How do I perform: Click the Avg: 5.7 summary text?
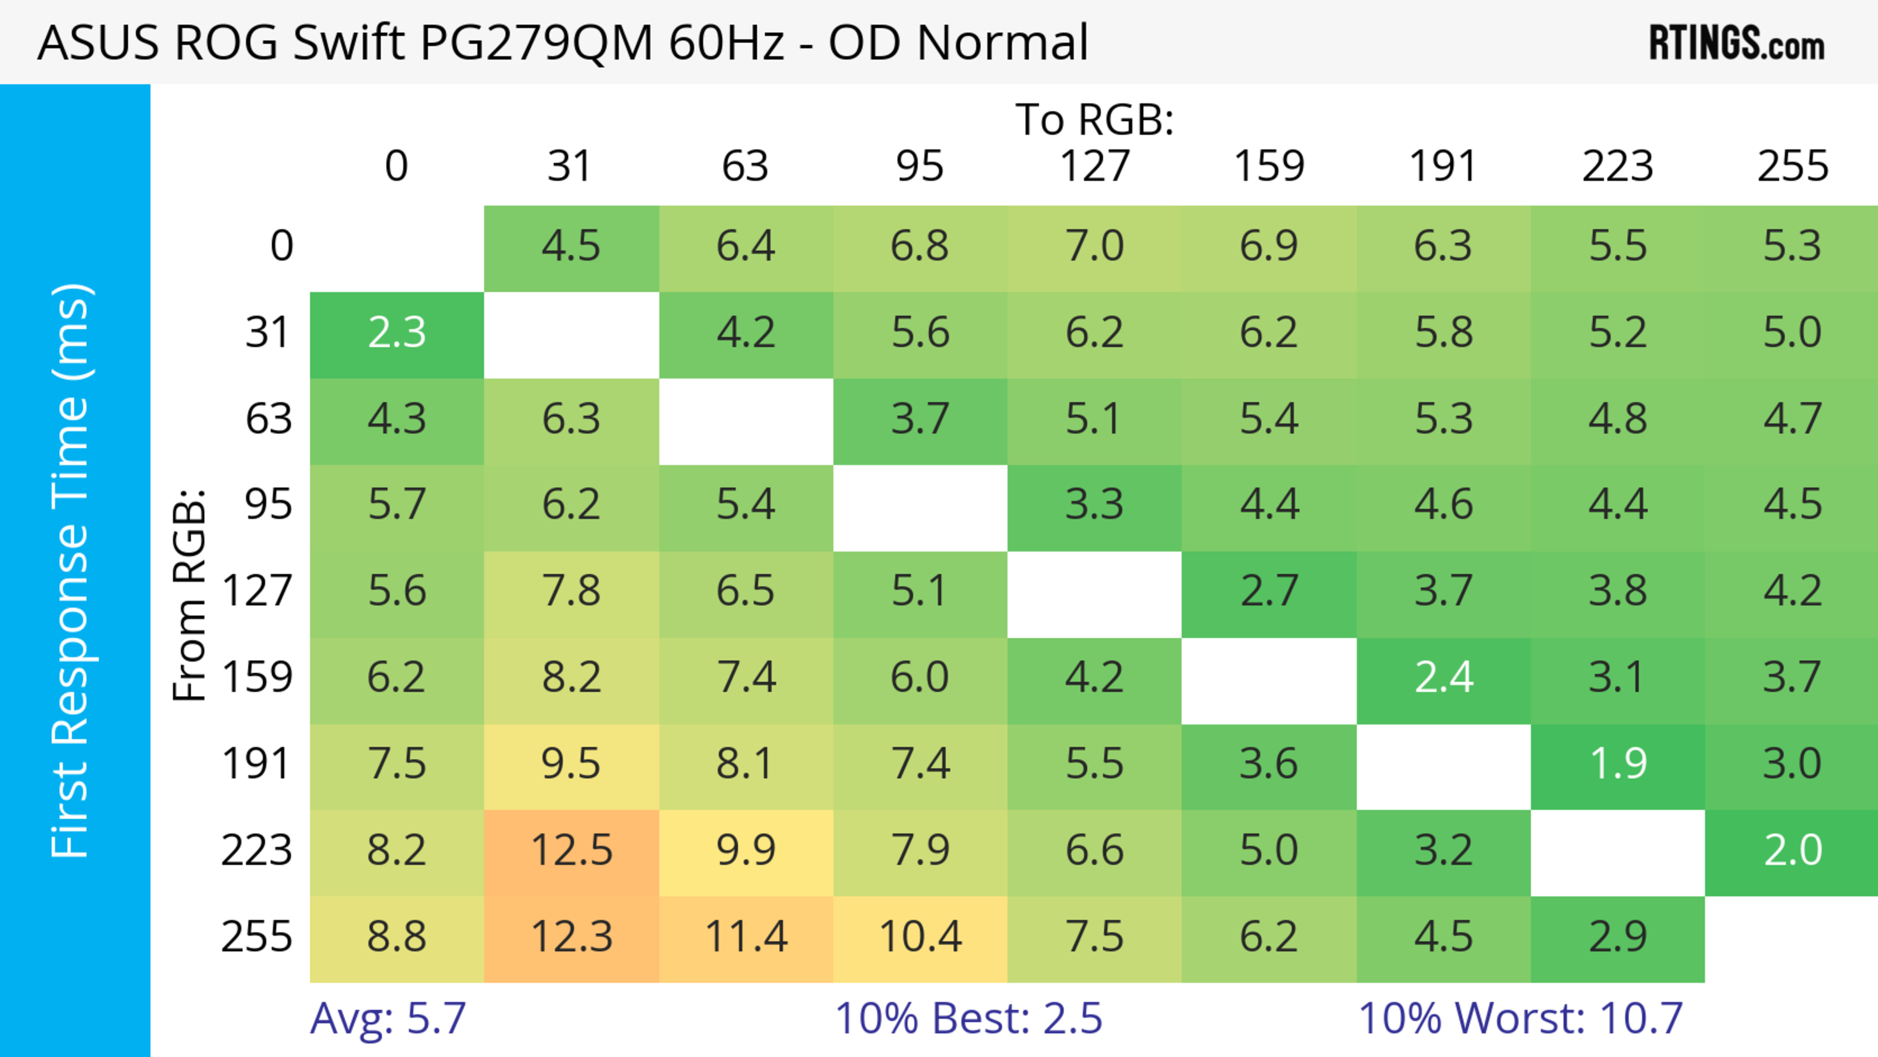pos(388,1018)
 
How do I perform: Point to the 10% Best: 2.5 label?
pos(968,1018)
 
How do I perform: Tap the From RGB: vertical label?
pos(190,595)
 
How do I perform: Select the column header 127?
pos(1095,167)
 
